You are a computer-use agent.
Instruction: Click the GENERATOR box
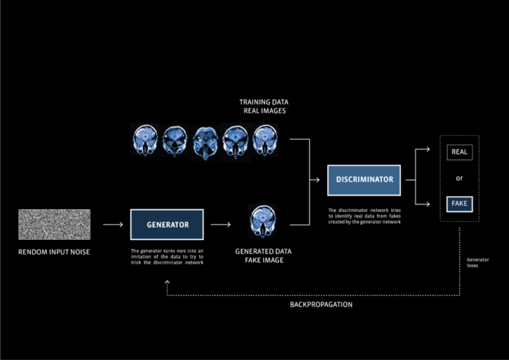coord(167,225)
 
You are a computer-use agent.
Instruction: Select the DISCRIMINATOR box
coord(365,179)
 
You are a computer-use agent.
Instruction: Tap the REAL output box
coord(459,151)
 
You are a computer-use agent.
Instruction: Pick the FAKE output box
coord(459,204)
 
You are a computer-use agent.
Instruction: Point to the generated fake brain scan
coord(263,221)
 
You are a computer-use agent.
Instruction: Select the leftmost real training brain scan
coord(144,139)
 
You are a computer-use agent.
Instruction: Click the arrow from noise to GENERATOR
coord(112,225)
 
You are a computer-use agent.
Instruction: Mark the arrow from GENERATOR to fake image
coord(220,225)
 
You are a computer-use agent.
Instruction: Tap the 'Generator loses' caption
coord(478,262)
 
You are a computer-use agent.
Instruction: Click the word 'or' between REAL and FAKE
coord(459,178)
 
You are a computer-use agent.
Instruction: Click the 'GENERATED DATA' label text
coord(263,251)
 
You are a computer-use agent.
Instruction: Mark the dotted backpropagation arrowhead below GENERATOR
coord(167,282)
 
